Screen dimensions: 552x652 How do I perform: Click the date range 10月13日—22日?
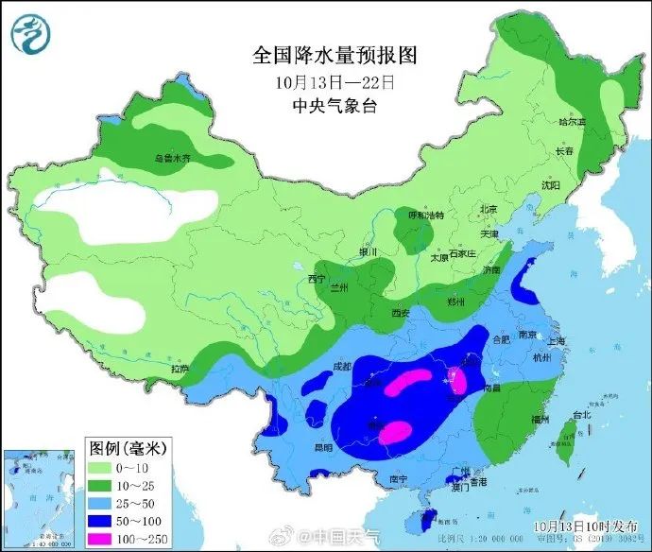click(x=321, y=82)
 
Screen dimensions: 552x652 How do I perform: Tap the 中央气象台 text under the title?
click(x=321, y=106)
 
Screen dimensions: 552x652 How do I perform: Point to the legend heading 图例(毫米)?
click(x=124, y=445)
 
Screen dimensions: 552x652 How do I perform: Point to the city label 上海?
click(x=556, y=342)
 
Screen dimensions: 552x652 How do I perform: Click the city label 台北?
click(x=579, y=414)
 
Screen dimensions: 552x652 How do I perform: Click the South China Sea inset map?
click(x=40, y=497)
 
